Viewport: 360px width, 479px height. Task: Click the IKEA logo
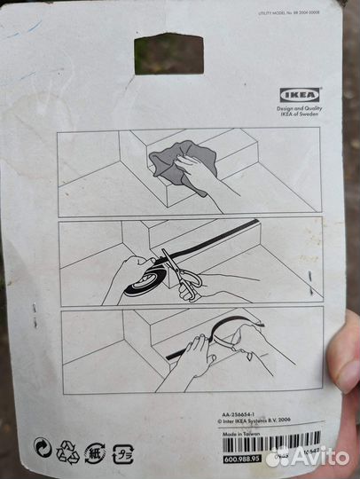(x=301, y=95)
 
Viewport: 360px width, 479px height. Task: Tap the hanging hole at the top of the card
(x=168, y=53)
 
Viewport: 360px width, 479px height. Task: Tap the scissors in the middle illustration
(x=184, y=277)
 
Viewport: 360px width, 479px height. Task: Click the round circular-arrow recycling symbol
(x=42, y=447)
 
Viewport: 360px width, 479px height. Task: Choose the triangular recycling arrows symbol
(x=68, y=452)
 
